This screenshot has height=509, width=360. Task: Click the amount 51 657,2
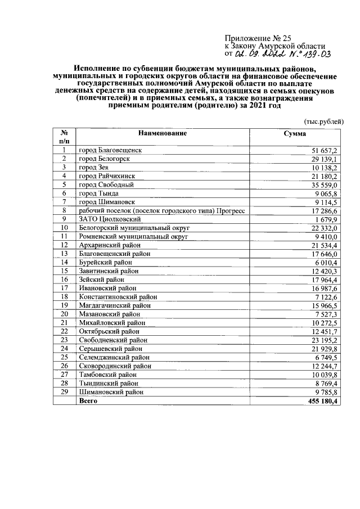(325, 151)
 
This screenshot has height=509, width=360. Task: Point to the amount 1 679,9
(326, 219)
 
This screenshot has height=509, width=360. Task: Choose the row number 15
(64, 270)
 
